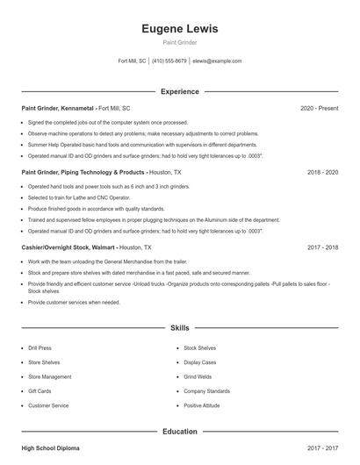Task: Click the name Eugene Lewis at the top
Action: pos(180,28)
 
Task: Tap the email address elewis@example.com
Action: pos(216,61)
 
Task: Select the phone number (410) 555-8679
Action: pos(169,61)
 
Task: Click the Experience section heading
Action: pos(180,91)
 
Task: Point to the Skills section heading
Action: pos(180,327)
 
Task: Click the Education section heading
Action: pos(180,432)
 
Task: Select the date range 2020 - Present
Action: pos(319,108)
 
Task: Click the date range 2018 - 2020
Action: pos(322,173)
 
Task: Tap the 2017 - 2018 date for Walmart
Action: pos(322,247)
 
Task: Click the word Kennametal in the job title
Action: pos(75,108)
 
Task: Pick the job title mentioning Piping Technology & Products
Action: pos(83,173)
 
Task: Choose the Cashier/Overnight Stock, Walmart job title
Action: pos(68,247)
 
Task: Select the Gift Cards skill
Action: pos(40,391)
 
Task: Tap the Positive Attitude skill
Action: pos(202,405)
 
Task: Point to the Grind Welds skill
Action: pos(198,377)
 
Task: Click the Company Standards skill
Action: pos(206,391)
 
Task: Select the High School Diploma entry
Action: pos(50,448)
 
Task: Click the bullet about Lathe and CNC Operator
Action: pos(76,198)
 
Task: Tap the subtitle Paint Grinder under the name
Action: pos(180,42)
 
